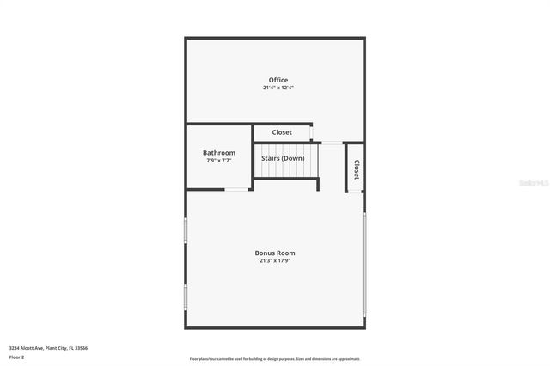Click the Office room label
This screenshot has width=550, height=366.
pos(278,80)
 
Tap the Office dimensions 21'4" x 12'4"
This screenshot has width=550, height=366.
pos(278,88)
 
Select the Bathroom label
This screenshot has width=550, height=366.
pos(218,153)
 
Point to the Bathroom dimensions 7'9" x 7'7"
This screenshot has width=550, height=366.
pos(218,161)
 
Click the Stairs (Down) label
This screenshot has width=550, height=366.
pos(283,158)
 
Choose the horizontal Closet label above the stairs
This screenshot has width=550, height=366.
pos(282,132)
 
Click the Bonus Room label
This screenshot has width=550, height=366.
pos(275,253)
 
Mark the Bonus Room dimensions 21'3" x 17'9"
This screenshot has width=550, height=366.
pos(275,261)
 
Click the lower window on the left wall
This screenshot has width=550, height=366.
pos(186,296)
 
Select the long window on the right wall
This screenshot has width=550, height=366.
pos(364,262)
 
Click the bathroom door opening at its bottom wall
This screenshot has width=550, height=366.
pos(236,189)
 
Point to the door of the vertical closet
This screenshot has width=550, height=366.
pos(355,192)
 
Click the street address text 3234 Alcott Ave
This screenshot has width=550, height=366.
pos(48,348)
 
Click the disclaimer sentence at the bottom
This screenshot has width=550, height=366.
pos(275,358)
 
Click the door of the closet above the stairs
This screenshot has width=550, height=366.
pos(316,142)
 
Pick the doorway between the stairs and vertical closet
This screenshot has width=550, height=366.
pos(332,143)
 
